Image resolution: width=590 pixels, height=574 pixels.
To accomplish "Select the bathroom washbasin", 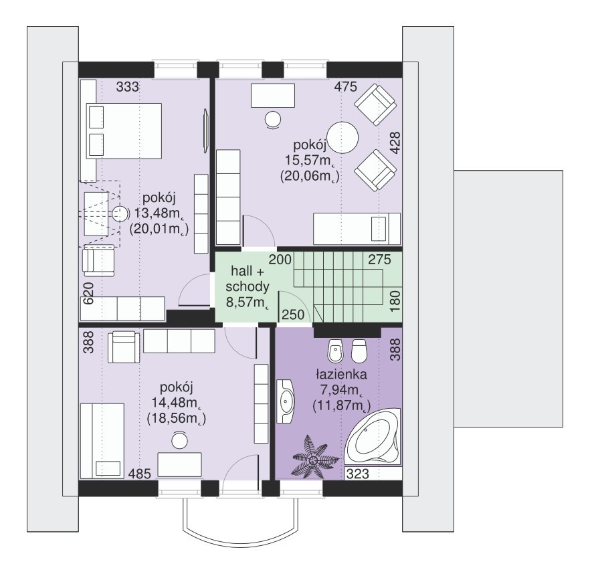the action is tap(286, 401).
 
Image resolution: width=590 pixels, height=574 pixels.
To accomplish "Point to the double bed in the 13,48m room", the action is tap(124, 131).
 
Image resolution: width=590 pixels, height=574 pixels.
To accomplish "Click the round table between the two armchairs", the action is tap(342, 138).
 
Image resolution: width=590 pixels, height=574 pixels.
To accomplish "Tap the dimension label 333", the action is tap(128, 87).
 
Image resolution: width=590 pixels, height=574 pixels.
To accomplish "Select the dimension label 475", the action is tap(345, 87).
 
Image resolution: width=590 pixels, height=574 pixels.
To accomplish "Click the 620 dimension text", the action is tap(88, 293).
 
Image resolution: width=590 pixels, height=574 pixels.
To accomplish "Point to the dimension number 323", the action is tap(357, 474).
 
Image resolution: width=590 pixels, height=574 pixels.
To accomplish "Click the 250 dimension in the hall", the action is tap(293, 314).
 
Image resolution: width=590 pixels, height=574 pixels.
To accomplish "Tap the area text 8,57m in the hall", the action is tap(247, 302).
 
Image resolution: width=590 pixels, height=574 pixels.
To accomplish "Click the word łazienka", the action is tap(341, 374).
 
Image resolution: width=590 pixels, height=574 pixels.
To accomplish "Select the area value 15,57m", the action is tap(310, 161).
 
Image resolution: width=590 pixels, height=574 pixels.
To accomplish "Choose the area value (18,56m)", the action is tap(176, 419).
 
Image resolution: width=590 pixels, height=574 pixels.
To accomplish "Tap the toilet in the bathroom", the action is tap(359, 351).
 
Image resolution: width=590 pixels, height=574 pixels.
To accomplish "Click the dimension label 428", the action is tap(395, 142).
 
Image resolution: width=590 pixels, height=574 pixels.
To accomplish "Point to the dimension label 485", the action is tap(140, 474).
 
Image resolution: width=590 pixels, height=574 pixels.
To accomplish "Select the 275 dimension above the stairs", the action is tap(379, 260).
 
